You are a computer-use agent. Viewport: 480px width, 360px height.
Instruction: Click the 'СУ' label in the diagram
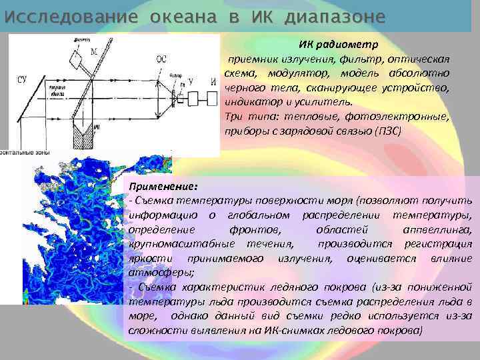21,81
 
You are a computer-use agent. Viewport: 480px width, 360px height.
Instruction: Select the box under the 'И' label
212,96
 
